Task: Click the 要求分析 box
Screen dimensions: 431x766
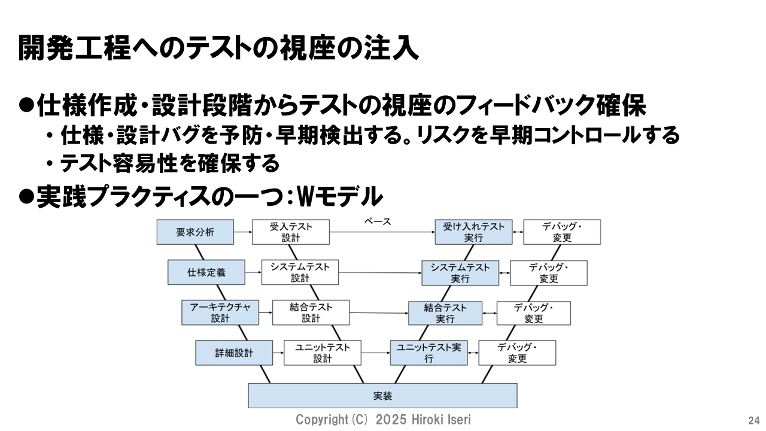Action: [x=195, y=232]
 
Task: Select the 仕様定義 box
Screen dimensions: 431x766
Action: [x=206, y=272]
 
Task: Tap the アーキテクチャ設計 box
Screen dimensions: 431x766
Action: [x=220, y=312]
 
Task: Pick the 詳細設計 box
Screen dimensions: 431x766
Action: [x=234, y=353]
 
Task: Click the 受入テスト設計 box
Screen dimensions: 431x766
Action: [x=291, y=232]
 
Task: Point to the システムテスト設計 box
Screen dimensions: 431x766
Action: [x=300, y=272]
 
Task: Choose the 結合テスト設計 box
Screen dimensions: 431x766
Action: [x=311, y=312]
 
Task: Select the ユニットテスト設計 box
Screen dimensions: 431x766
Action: [x=323, y=353]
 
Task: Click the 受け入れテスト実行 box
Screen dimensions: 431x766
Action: [x=473, y=232]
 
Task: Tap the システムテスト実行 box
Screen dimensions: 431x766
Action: [x=460, y=272]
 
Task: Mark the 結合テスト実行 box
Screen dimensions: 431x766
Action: [x=445, y=312]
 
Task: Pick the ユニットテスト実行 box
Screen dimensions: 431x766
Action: [x=428, y=353]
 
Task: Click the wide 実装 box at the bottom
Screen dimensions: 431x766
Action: [x=382, y=396]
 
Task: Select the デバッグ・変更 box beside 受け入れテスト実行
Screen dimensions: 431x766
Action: [x=562, y=232]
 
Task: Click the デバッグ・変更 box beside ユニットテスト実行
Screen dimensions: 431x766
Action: [x=517, y=353]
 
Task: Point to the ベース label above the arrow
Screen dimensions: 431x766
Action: [x=378, y=221]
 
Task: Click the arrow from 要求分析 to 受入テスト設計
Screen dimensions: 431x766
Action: [x=242, y=232]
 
